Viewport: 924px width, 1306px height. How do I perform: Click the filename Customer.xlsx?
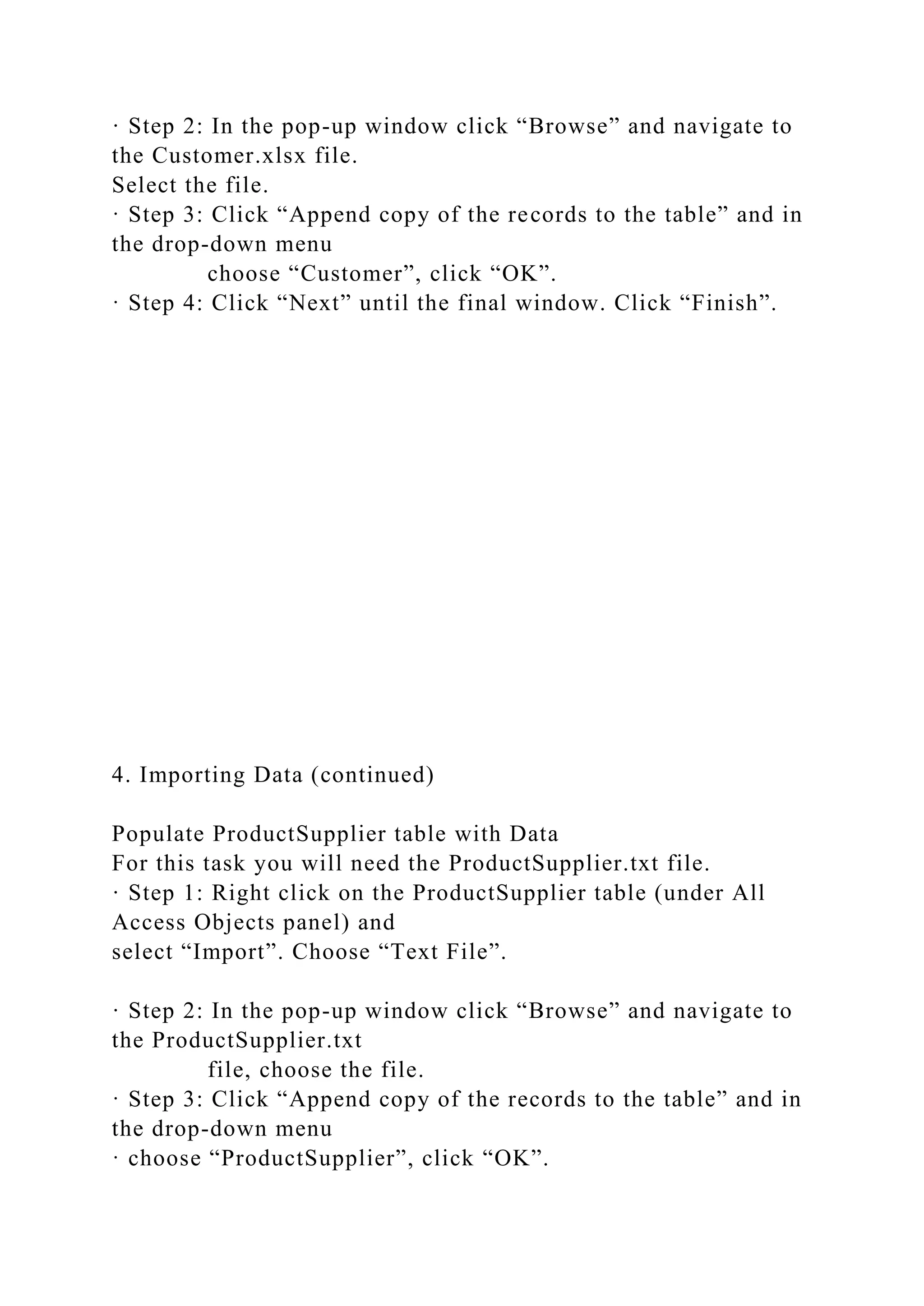(229, 155)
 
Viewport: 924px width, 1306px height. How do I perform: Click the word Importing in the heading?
(192, 775)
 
